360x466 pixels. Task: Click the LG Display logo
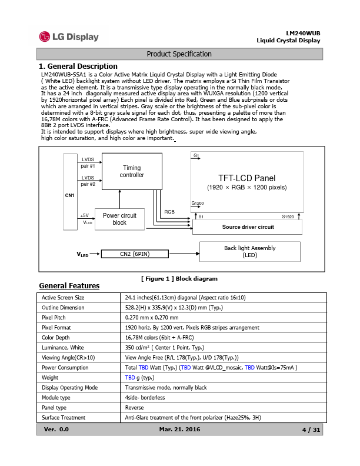pos(69,37)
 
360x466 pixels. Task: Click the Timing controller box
pos(131,172)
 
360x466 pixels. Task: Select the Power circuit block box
pos(119,219)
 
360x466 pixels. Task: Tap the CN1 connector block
pos(70,195)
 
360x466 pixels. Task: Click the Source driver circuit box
pos(248,227)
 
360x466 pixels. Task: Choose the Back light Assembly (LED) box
pos(249,252)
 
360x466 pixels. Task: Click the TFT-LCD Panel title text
pos(246,178)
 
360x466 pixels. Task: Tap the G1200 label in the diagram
pos(198,203)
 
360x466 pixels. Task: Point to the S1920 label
pos(288,217)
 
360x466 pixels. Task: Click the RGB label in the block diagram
pos(169,211)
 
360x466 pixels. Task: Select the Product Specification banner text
pos(179,54)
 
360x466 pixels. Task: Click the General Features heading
pos(69,286)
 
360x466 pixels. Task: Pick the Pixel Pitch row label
pos(54,317)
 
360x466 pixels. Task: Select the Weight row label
pos(50,377)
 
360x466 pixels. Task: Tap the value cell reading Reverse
pos(135,407)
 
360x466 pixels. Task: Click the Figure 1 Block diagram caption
pos(179,278)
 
